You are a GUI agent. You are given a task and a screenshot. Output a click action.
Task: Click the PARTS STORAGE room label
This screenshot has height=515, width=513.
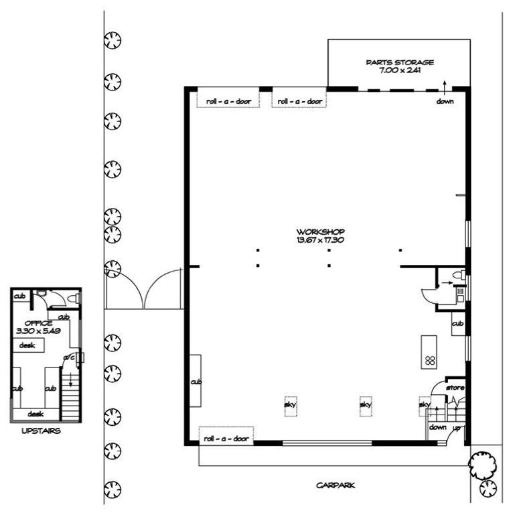(400, 62)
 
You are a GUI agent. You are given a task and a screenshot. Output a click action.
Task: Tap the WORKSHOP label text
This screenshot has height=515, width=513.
(320, 231)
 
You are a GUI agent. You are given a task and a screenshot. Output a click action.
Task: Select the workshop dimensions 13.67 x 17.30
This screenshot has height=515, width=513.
(320, 240)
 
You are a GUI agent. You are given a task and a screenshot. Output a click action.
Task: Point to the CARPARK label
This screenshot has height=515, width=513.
(336, 485)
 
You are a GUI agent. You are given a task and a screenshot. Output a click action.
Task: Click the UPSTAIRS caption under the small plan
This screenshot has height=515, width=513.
(41, 431)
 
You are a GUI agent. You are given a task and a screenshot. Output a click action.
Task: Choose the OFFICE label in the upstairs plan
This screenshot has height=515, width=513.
(38, 323)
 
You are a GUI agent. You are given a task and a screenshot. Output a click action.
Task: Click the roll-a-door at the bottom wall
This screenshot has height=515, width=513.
(226, 435)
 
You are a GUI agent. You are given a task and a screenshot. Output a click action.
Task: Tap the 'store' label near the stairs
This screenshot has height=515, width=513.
(455, 388)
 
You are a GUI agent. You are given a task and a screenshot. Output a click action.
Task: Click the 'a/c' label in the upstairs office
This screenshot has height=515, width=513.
(69, 357)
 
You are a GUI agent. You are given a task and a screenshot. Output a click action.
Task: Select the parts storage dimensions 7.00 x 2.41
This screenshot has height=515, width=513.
(400, 70)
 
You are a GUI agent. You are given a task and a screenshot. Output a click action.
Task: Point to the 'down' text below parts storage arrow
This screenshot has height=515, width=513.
(445, 101)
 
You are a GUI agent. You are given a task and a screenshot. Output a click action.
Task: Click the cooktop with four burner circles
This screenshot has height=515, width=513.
(430, 360)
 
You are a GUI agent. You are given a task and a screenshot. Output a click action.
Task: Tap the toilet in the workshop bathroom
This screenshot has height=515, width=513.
(459, 274)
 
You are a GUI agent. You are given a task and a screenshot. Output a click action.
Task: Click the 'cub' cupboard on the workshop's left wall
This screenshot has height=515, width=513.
(196, 381)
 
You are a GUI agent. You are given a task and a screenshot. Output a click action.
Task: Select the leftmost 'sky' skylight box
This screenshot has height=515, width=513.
(290, 406)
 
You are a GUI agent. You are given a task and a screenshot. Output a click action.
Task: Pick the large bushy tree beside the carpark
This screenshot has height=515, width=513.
(482, 465)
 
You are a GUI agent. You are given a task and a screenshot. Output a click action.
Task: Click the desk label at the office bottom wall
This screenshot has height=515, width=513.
(35, 414)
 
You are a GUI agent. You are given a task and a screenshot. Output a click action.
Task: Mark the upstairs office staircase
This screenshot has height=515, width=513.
(70, 394)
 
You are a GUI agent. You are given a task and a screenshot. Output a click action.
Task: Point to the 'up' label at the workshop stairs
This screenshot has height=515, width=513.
(457, 428)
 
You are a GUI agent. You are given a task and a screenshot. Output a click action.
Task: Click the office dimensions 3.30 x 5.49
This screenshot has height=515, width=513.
(38, 331)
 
